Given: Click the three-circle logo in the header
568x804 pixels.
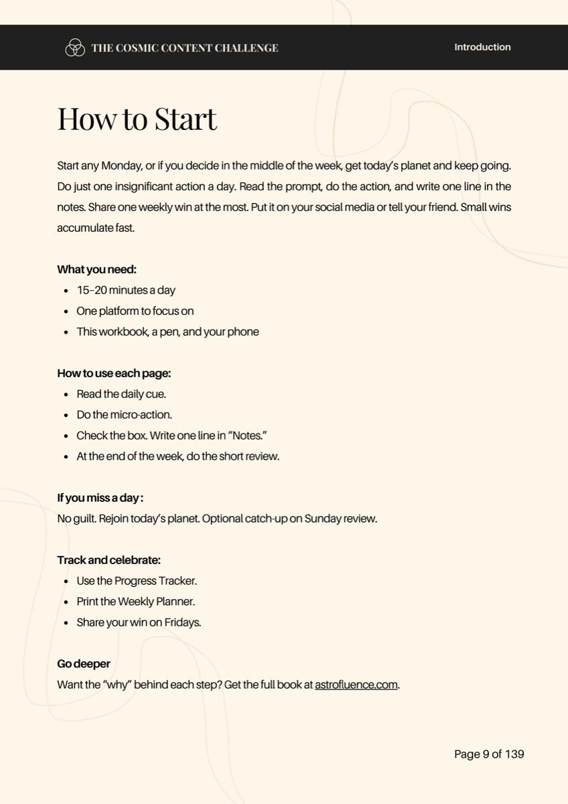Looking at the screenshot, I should click(x=74, y=48).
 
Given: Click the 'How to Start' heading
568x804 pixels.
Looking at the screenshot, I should click(x=137, y=119).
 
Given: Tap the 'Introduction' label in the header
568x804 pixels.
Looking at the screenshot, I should click(x=482, y=47).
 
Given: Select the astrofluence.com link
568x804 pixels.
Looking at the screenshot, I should click(x=356, y=685).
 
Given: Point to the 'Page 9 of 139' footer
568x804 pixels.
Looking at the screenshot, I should click(x=489, y=754).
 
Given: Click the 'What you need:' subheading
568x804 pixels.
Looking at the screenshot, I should click(x=96, y=269).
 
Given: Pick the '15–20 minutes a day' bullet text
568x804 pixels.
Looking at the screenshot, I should click(x=126, y=290).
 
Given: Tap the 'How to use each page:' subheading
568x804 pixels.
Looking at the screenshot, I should click(x=114, y=373).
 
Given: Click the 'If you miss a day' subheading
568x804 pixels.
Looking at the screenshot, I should click(x=100, y=498).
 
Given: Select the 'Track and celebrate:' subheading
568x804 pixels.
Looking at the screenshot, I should click(x=109, y=560).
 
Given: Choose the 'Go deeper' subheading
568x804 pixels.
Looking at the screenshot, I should click(x=84, y=664).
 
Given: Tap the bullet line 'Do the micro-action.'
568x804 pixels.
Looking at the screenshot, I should click(x=124, y=415).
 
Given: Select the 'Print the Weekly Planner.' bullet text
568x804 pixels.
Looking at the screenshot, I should click(x=135, y=602).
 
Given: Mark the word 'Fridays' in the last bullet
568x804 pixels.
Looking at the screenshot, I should click(x=182, y=622).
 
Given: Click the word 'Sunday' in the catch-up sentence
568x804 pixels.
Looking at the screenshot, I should click(x=323, y=519).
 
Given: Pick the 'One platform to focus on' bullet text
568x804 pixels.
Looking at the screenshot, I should click(x=135, y=311).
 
